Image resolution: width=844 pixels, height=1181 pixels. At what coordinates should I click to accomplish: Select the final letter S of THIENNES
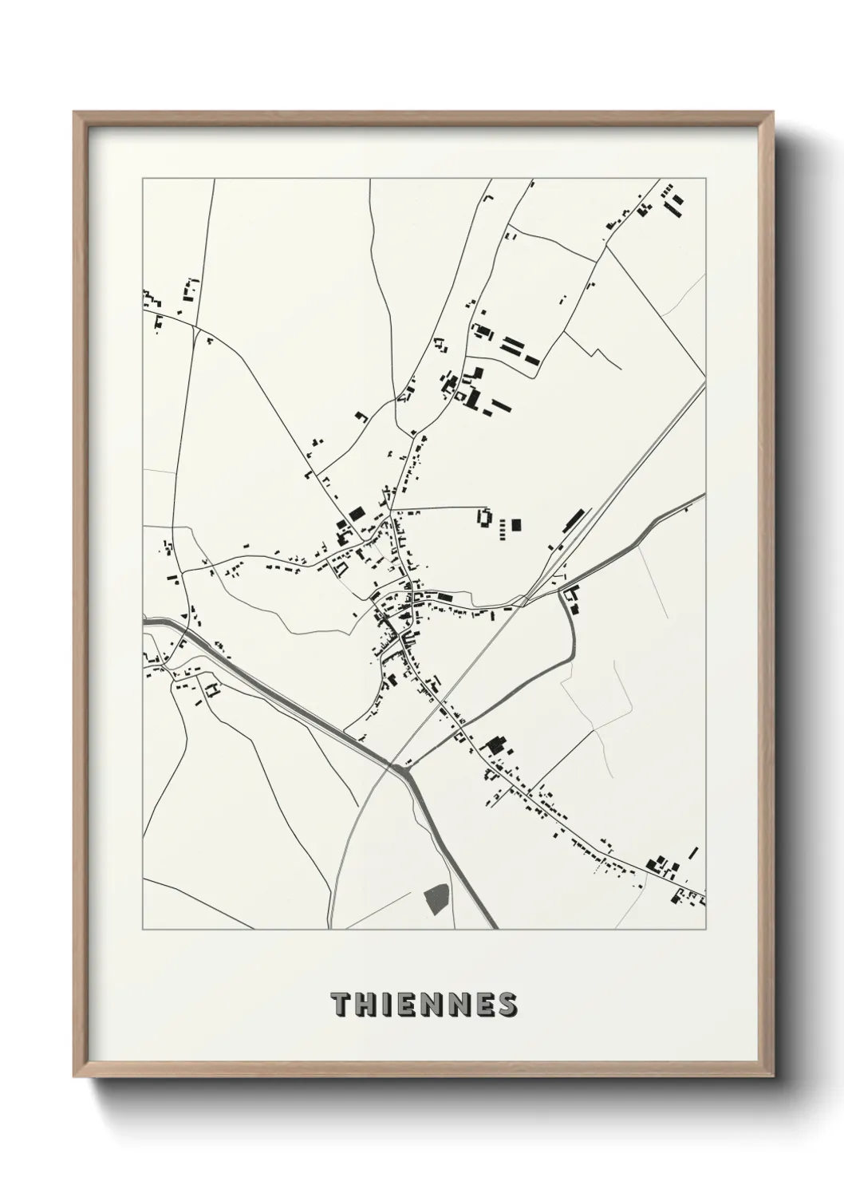click(x=507, y=1005)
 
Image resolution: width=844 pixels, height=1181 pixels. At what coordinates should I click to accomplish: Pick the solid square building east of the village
click(x=516, y=525)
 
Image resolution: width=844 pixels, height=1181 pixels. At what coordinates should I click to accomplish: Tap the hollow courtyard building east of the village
click(x=483, y=516)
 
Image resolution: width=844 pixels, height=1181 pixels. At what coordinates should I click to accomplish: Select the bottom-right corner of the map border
click(x=706, y=929)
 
